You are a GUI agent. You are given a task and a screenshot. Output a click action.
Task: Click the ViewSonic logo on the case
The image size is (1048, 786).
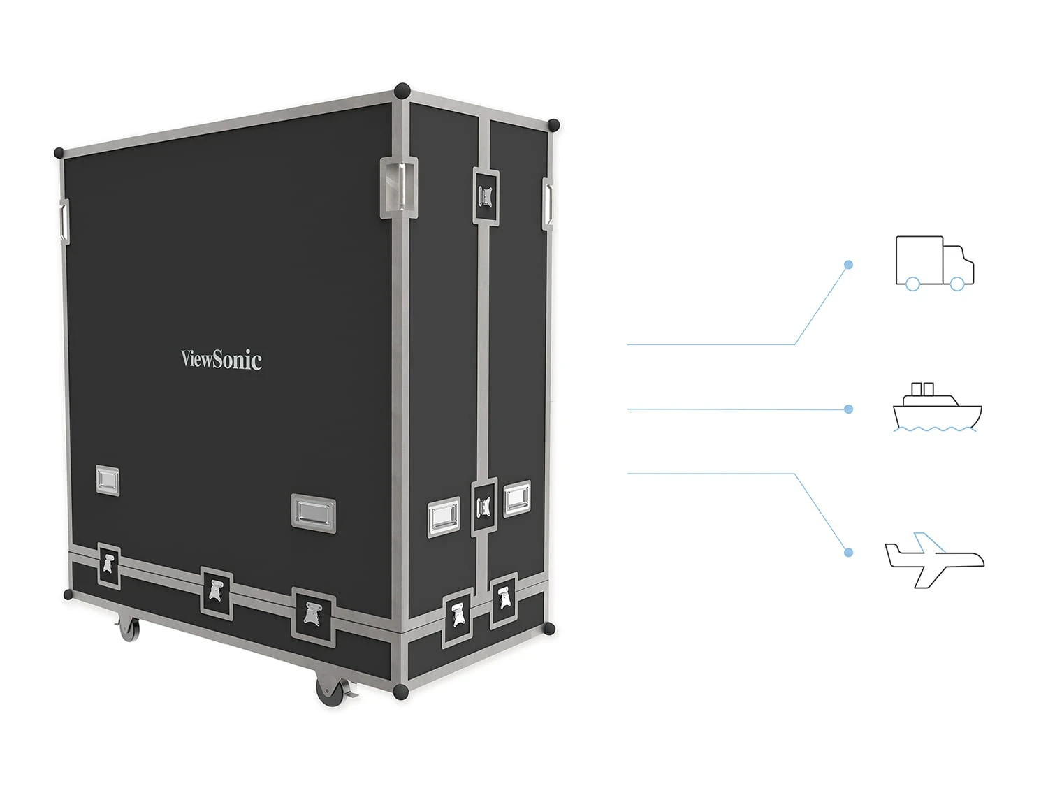coord(221,359)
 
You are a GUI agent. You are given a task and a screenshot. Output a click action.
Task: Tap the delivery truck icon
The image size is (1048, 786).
coord(934,263)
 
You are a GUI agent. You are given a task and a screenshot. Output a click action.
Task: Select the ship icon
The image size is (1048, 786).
coord(937,407)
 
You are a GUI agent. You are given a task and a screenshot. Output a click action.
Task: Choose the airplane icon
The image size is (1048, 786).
coord(933,559)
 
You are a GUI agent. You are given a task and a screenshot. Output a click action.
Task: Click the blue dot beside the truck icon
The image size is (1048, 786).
coord(848,265)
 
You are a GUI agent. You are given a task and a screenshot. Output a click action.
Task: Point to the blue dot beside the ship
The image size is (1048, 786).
coord(848,409)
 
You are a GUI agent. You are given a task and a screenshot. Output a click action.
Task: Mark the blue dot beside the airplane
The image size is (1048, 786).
coord(848,552)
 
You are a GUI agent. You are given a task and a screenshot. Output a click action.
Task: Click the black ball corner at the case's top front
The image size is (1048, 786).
coord(402,91)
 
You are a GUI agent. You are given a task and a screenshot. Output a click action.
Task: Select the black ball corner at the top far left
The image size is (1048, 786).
coord(59,152)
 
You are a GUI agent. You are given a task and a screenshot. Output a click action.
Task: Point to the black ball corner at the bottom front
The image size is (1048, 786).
coord(400,692)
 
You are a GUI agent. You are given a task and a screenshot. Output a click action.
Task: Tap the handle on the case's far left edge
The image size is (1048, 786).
coord(64,221)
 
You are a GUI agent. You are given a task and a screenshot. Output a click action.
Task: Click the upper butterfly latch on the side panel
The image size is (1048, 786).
coord(486,196)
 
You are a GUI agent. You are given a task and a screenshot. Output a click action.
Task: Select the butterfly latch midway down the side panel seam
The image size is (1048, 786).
coord(484,507)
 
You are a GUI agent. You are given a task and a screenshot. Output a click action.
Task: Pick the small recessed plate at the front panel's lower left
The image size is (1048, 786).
coord(107,481)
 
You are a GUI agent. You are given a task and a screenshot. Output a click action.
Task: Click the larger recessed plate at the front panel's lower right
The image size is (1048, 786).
coord(313,513)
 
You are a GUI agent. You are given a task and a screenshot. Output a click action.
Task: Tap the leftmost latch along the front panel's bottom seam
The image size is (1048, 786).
coord(108,565)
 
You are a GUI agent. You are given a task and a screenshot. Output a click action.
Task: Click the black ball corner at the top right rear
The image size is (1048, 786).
coord(553,126)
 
